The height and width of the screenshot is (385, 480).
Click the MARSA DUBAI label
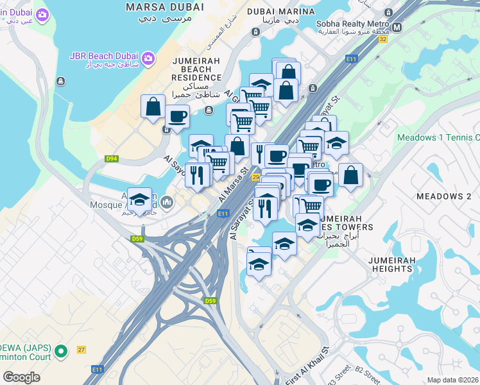pyautogui.click(x=165, y=7)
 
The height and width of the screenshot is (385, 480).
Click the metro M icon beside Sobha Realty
pyautogui.click(x=397, y=27)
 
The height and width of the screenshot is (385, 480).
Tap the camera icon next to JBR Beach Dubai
pyautogui.click(x=148, y=58)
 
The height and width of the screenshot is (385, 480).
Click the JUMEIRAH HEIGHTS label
pyautogui.click(x=391, y=264)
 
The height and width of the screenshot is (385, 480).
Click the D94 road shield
pyautogui.click(x=111, y=158)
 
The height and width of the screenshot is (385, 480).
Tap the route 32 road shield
pyautogui.click(x=383, y=39)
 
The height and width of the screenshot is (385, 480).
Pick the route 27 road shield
pyautogui.click(x=81, y=350)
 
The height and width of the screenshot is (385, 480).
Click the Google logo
pyautogui.click(x=21, y=377)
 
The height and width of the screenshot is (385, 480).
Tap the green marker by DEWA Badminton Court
pyautogui.click(x=61, y=351)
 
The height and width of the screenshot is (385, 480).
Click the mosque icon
pyautogui.click(x=167, y=203)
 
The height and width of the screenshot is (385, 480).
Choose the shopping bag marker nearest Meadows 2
pyautogui.click(x=350, y=175)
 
